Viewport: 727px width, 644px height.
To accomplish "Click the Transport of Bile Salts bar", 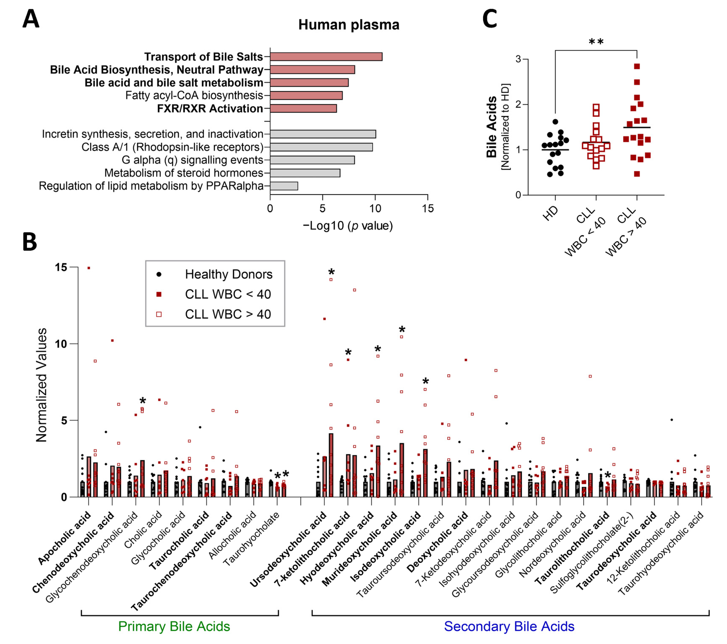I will click(326, 57).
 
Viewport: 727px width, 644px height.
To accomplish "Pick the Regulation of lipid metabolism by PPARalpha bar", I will click(284, 186).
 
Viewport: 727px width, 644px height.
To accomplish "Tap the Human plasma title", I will click(349, 25).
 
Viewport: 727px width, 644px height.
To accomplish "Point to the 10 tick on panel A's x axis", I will click(375, 208).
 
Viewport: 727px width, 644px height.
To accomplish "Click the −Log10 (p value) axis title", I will click(347, 226).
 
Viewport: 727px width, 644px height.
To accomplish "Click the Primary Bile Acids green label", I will click(174, 626).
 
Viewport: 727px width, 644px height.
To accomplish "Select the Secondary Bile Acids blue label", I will click(509, 626).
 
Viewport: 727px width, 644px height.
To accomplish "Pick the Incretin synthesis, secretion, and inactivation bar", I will click(323, 134).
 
